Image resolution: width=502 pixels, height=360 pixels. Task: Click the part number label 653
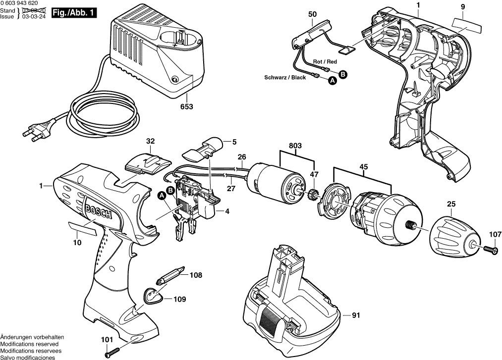tap(186, 106)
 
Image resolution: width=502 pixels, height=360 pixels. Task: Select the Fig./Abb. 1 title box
tap(75, 13)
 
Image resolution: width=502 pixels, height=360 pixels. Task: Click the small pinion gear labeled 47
tap(313, 194)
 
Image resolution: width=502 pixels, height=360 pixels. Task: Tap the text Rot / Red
tap(325, 62)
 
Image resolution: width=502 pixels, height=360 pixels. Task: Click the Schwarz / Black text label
tap(285, 78)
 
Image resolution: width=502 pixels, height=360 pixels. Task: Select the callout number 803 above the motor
tap(296, 146)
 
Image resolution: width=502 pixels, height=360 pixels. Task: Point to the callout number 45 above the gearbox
tap(363, 167)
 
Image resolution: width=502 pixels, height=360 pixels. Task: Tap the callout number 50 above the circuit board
tap(312, 14)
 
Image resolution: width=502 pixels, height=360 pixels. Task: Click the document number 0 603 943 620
tap(22, 3)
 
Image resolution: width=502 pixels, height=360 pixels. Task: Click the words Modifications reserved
tap(29, 344)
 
